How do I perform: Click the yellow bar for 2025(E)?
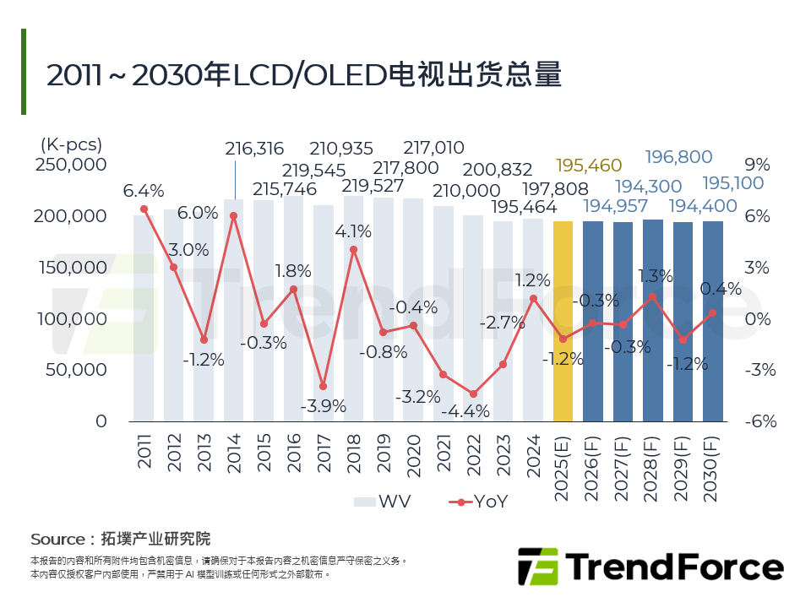[x=563, y=321]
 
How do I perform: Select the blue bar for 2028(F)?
[x=653, y=321]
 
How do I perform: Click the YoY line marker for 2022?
[x=473, y=394]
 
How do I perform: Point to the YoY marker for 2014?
[x=234, y=215]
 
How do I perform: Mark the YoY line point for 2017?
[x=323, y=386]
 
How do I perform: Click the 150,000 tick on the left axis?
[x=71, y=268]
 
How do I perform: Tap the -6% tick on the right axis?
[x=759, y=421]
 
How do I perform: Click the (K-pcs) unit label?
[x=72, y=144]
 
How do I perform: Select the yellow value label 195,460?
[x=589, y=165]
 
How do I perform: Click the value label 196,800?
[x=678, y=157]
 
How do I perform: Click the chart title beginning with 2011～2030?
[x=303, y=75]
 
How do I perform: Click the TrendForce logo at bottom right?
[x=650, y=565]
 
